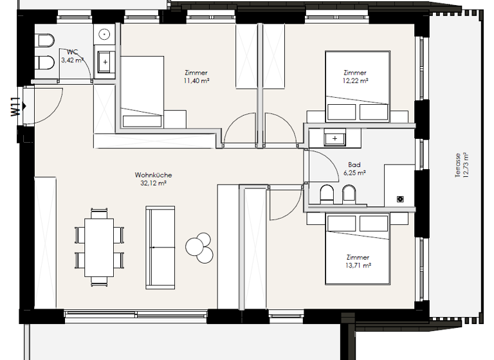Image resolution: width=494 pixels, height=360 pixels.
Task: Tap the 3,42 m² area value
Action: (73, 60)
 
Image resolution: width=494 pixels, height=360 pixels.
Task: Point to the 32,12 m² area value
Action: (154, 183)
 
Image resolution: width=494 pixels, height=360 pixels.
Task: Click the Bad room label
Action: (354, 165)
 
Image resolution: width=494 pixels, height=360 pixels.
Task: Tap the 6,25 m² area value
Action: (354, 173)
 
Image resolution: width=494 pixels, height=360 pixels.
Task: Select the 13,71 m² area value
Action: (358, 265)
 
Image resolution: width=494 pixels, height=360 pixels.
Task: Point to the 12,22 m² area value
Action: (356, 81)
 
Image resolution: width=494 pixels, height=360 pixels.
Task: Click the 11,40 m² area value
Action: (196, 81)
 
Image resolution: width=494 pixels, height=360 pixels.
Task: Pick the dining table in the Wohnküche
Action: (99, 246)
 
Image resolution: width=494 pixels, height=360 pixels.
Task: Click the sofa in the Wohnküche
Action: (160, 247)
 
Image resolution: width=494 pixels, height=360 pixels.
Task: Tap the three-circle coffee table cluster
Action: (200, 246)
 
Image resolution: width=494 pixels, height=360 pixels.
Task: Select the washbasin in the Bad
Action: (334, 138)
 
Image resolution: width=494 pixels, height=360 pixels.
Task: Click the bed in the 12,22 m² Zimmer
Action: (358, 87)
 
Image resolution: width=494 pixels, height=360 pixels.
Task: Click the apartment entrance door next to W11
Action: (46, 104)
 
